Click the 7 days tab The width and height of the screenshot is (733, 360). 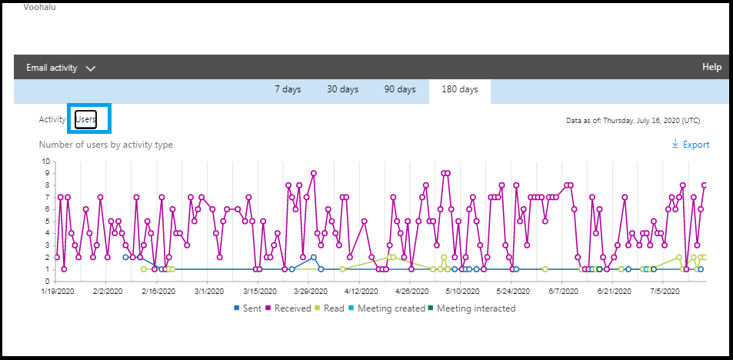point(288,89)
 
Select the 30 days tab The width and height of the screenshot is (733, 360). point(342,89)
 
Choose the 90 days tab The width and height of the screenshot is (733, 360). point(400,89)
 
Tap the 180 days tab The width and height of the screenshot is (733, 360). point(459,89)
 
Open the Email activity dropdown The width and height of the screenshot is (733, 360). point(61,68)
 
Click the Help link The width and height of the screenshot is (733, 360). point(711,67)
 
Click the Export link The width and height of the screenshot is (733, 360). point(691,145)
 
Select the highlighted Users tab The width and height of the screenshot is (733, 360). point(86,120)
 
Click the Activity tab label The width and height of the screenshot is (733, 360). point(52,120)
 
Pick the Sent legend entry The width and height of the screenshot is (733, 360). point(248,308)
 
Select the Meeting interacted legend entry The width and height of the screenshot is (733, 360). point(471,308)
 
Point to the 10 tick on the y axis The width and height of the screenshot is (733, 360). point(46,162)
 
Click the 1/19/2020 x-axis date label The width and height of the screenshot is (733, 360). point(57,292)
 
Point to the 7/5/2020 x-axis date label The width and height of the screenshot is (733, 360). point(664,292)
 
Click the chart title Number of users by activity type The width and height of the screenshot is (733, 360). point(105,145)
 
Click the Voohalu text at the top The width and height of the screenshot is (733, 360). point(40,7)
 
